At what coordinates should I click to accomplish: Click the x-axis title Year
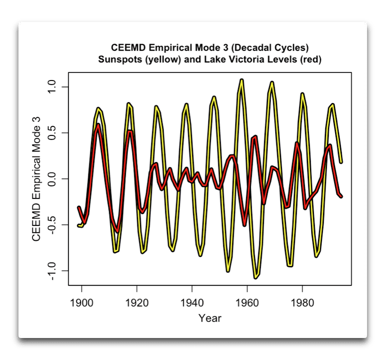(x=210, y=318)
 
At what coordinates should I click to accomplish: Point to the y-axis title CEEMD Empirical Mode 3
(x=36, y=179)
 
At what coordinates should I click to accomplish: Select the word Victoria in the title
(x=254, y=59)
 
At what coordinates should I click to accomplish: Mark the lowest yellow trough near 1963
(x=256, y=277)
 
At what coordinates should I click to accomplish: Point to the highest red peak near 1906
(x=98, y=124)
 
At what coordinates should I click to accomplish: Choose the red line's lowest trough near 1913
(x=118, y=231)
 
